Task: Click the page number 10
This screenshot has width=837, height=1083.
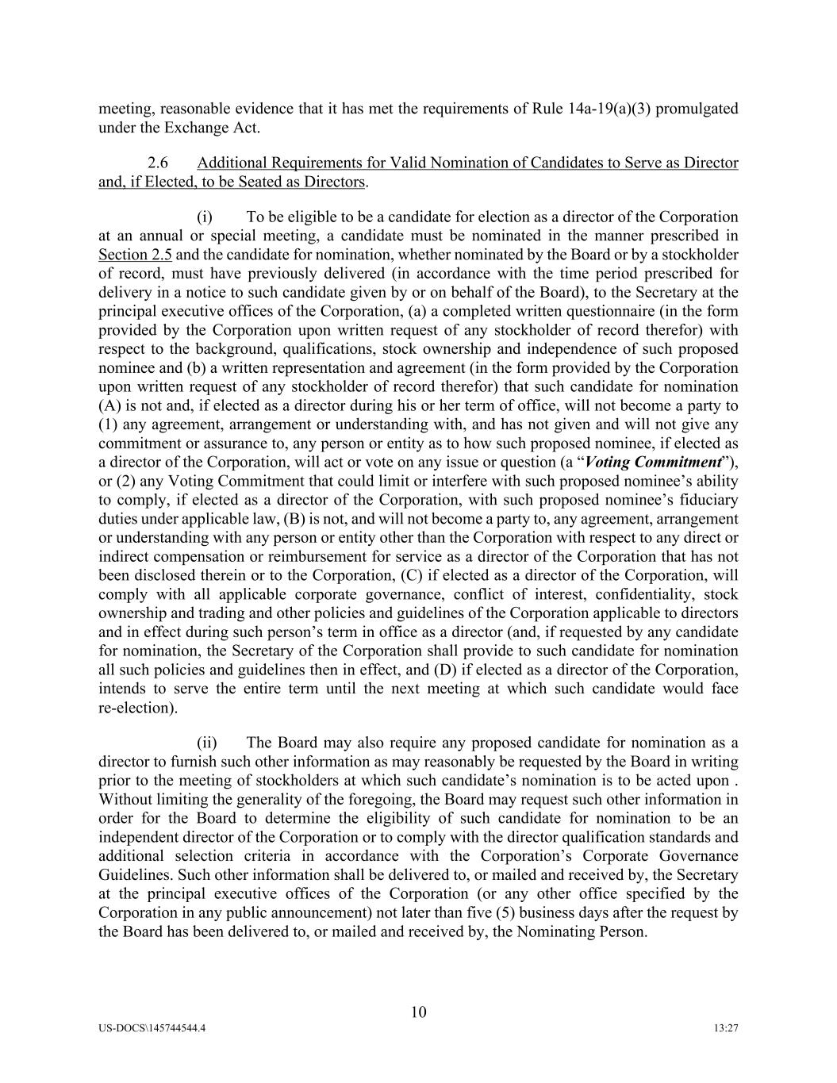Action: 419,1012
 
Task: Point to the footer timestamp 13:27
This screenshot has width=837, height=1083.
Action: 726,1028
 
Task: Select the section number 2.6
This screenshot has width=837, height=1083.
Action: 158,163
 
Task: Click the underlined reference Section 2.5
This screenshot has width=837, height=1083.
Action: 135,255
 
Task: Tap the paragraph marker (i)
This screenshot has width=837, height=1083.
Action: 205,217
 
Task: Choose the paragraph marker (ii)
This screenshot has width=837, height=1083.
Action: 207,743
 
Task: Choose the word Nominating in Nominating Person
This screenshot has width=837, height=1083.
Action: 554,931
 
